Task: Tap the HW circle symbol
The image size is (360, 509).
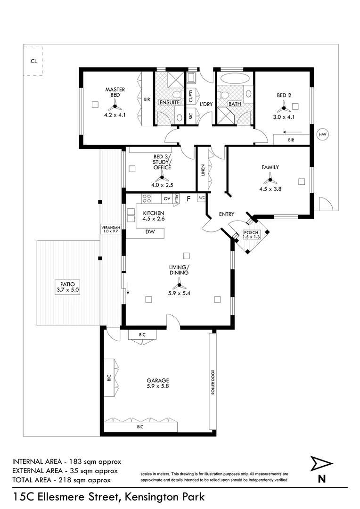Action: [322, 135]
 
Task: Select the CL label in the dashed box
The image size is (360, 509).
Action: [33, 61]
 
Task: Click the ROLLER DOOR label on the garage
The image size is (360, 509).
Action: [213, 381]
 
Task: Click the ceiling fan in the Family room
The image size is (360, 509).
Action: [270, 178]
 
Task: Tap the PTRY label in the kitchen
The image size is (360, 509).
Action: [176, 199]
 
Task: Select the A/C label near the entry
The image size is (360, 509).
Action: [202, 197]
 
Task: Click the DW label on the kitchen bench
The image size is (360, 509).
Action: [150, 232]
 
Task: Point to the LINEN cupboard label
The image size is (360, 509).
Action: [203, 170]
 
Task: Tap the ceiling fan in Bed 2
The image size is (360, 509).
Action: [284, 107]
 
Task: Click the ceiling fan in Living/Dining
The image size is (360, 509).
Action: [179, 284]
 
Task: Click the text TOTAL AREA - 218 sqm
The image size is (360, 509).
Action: [61, 480]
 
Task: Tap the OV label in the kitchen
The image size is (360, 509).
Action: [167, 199]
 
